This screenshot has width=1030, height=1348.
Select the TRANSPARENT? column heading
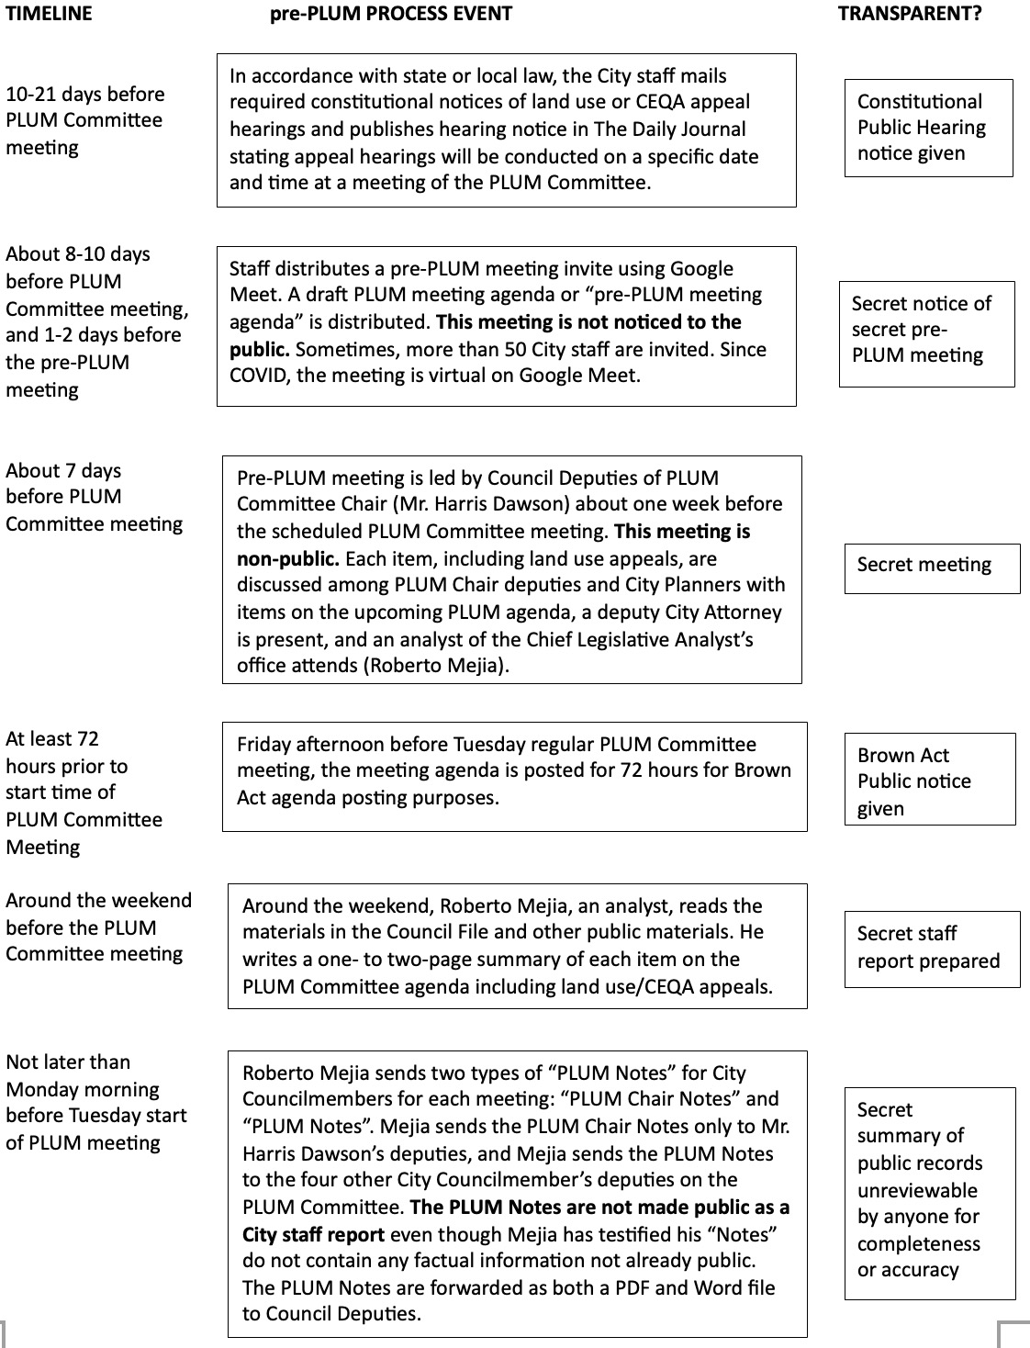(909, 14)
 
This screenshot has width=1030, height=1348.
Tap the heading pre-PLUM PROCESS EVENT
(390, 14)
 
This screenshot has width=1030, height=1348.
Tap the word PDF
(592, 1287)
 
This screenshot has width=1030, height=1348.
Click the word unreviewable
(917, 1190)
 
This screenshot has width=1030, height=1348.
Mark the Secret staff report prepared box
(932, 949)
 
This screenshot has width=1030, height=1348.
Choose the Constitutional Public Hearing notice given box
(928, 128)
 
